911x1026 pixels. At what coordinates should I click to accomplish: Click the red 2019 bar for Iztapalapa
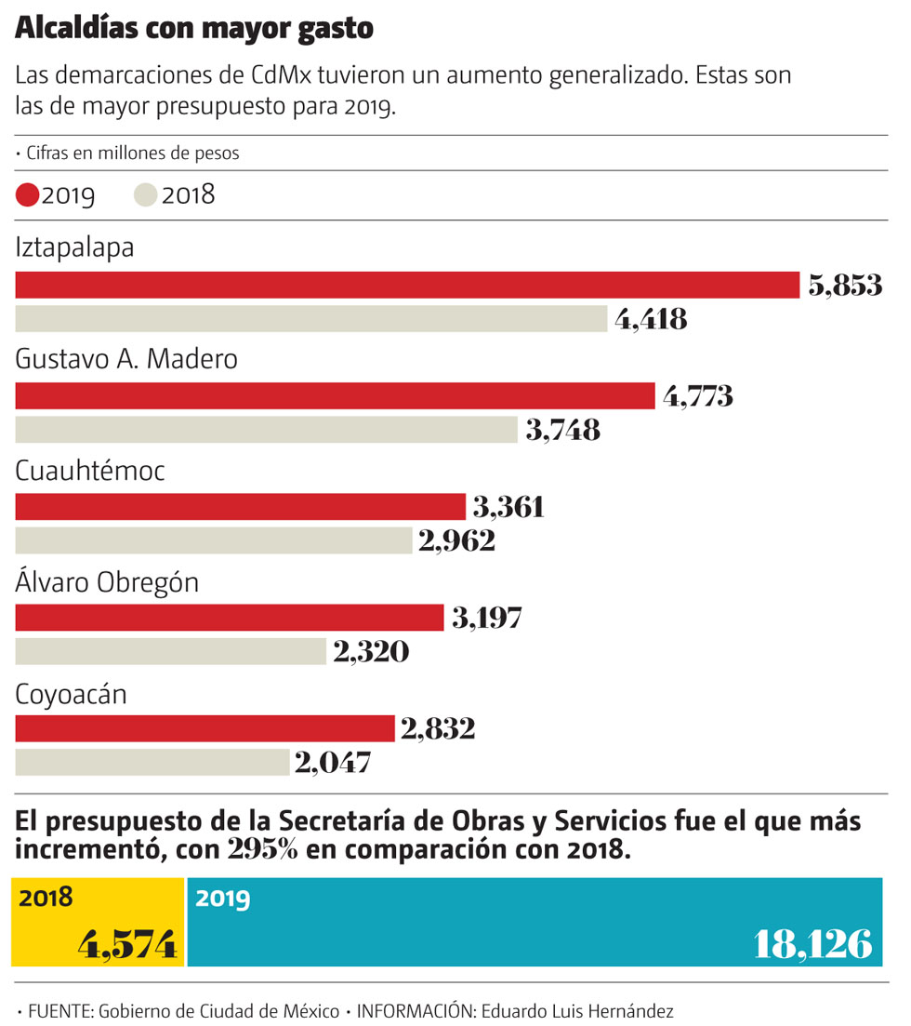tap(407, 285)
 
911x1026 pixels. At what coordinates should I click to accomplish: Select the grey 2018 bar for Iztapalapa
tap(311, 319)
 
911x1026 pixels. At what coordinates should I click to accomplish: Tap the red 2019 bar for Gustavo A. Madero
tap(336, 396)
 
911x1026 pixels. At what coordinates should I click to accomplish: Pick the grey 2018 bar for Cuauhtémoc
tap(214, 540)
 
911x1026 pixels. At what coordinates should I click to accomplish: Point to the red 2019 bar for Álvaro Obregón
tap(230, 618)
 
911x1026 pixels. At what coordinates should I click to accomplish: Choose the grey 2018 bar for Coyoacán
tap(152, 763)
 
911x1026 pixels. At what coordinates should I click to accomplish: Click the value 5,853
tap(844, 286)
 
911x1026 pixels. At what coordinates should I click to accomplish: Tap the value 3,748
tap(562, 431)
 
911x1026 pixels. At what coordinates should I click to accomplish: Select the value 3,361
tap(508, 507)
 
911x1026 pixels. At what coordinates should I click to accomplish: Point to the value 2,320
tap(370, 652)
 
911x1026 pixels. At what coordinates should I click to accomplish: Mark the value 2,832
tap(437, 728)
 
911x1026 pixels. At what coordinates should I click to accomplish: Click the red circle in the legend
tap(28, 195)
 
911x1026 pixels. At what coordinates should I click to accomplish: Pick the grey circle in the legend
tap(146, 195)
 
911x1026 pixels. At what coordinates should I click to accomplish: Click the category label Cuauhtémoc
tap(90, 472)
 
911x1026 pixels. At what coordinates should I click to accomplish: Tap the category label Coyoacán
tap(71, 694)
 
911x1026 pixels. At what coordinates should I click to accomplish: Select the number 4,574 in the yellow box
tap(127, 945)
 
